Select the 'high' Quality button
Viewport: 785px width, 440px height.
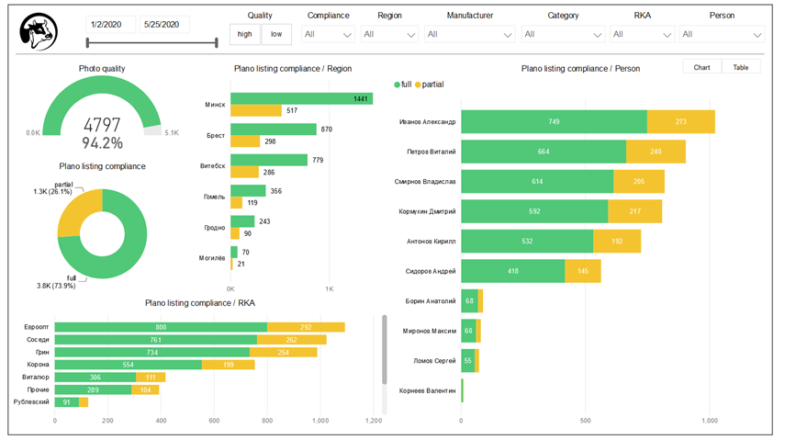244,34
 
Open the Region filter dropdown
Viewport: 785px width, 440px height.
388,34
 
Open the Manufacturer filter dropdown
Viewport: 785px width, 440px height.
469,34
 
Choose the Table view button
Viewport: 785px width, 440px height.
740,67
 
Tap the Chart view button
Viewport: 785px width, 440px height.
702,67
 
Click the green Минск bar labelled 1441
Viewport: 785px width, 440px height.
301,98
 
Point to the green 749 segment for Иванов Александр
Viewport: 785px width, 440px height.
554,122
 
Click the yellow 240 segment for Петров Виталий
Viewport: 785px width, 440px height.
656,152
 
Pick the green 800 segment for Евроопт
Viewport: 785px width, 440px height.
161,327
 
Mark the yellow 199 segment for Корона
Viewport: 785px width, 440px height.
228,364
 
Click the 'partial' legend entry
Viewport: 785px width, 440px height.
430,85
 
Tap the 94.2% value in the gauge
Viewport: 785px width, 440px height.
102,143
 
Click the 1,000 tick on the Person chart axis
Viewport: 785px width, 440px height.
710,422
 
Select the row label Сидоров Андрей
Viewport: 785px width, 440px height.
431,271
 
